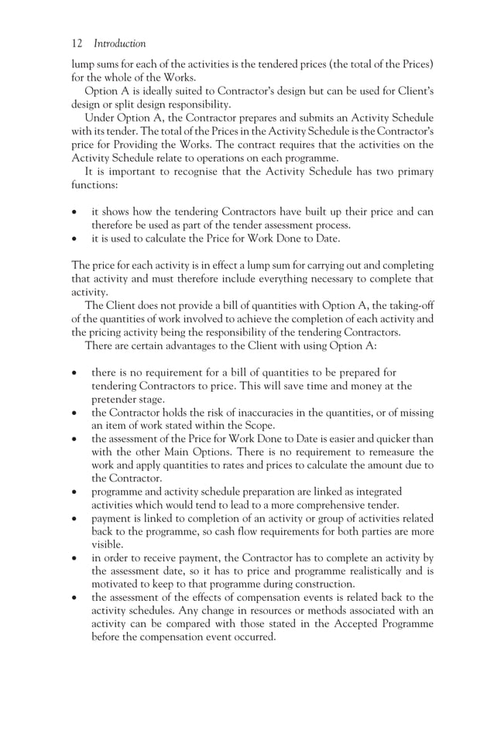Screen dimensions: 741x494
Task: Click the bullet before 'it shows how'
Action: pyautogui.click(x=74, y=212)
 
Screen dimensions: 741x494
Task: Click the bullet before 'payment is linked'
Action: pyautogui.click(x=74, y=516)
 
